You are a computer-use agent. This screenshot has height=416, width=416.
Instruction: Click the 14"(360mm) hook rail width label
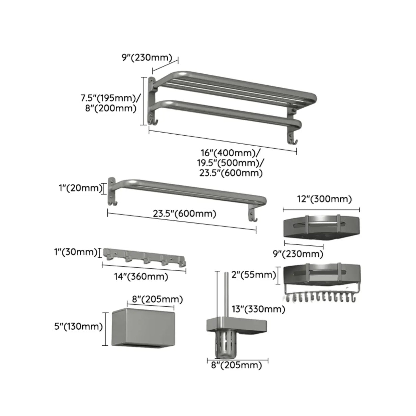click(141, 277)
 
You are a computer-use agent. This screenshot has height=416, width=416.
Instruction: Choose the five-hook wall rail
click(144, 256)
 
